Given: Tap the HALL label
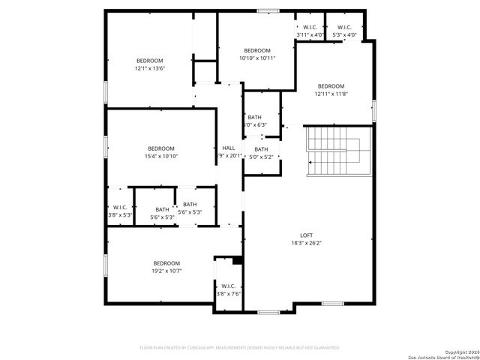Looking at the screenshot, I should pyautogui.click(x=229, y=148).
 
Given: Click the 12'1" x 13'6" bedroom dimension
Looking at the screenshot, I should pyautogui.click(x=149, y=68).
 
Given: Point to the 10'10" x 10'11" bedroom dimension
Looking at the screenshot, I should pyautogui.click(x=257, y=58).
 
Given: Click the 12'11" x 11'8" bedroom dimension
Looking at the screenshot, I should pyautogui.click(x=330, y=94).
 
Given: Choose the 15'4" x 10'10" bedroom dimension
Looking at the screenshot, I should pyautogui.click(x=160, y=156).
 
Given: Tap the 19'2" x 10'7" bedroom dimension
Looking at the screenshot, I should pyautogui.click(x=166, y=271).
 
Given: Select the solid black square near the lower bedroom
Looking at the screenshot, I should pyautogui.click(x=238, y=261).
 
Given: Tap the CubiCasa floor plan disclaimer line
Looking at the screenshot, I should pyautogui.click(x=240, y=347).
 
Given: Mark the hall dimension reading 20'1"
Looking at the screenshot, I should pyautogui.click(x=232, y=156).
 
